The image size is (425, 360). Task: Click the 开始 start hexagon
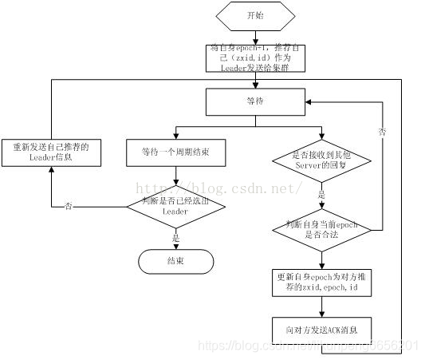pyautogui.click(x=254, y=15)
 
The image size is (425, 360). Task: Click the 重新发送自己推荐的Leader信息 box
pyautogui.click(x=51, y=152)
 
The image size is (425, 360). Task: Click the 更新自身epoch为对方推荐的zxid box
pyautogui.click(x=321, y=282)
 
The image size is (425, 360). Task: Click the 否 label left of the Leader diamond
pyautogui.click(x=68, y=206)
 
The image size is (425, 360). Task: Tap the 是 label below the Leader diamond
pyautogui.click(x=176, y=237)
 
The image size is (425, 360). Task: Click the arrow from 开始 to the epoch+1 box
pyautogui.click(x=254, y=36)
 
